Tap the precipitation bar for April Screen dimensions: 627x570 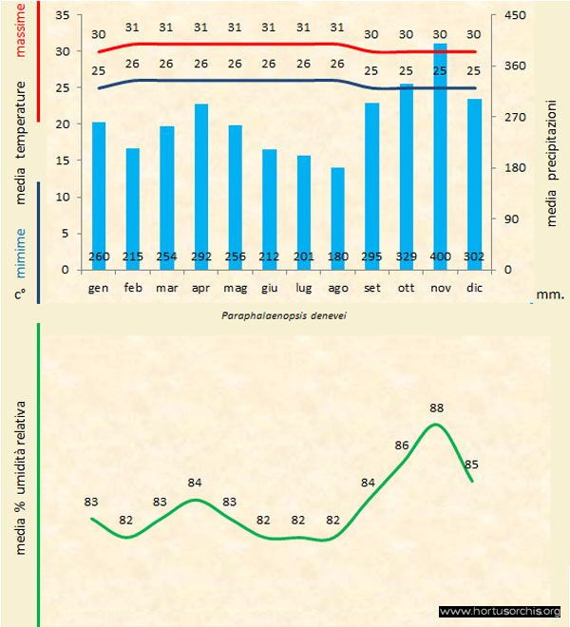coord(201,180)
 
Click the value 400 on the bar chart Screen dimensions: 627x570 coord(440,256)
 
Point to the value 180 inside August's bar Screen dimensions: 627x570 coord(338,256)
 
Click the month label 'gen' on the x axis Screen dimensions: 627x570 coord(99,286)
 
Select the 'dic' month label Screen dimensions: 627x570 coord(474,286)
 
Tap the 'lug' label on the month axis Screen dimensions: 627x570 coord(304,286)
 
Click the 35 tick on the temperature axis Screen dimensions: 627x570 coord(64,15)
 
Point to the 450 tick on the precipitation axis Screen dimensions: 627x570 coord(515,15)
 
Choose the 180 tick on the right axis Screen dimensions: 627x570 coord(515,168)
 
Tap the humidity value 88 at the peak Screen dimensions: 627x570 coord(437,408)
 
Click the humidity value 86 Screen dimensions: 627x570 coord(402,445)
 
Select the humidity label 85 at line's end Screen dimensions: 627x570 coord(470,465)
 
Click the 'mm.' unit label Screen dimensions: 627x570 coord(550,294)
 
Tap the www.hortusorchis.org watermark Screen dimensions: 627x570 coord(501,611)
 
